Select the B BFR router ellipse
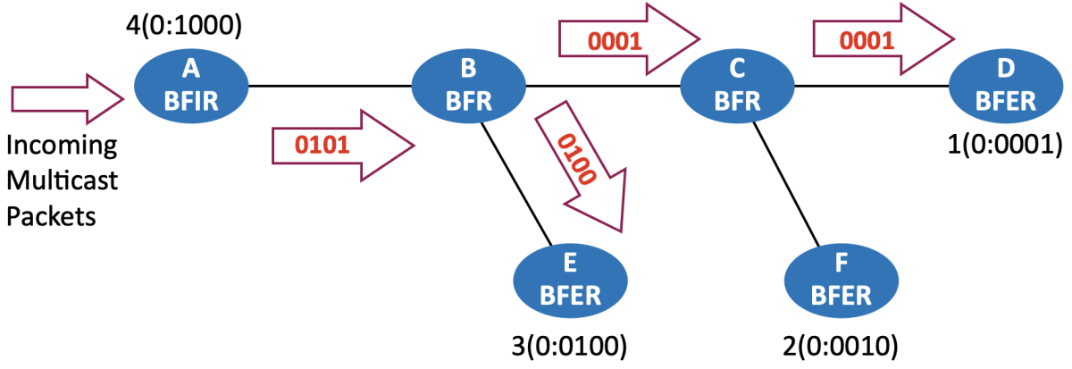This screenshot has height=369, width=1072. point(469,87)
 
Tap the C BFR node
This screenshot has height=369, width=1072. point(737,87)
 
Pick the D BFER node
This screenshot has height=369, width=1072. point(1005,87)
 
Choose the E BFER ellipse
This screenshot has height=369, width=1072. point(570,279)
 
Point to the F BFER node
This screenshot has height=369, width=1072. point(840,279)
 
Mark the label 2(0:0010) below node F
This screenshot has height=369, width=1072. point(840,343)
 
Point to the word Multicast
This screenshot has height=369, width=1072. point(63,181)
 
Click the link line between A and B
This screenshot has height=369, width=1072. point(331,87)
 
